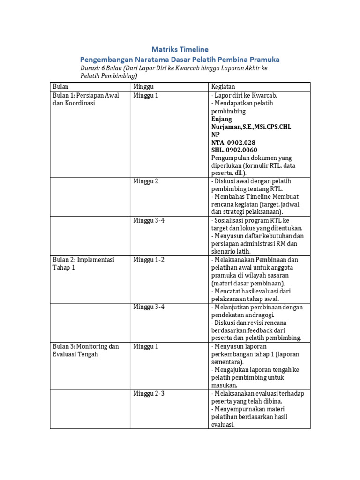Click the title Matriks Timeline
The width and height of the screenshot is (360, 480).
pyautogui.click(x=180, y=49)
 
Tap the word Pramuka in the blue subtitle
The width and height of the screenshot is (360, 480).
pyautogui.click(x=262, y=60)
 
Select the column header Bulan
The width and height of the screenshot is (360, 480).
pyautogui.click(x=61, y=87)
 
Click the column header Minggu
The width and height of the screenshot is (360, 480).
pyautogui.click(x=143, y=87)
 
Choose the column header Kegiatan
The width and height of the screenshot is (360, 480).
pyautogui.click(x=223, y=87)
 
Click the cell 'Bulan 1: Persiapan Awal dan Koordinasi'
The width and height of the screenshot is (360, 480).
pyautogui.click(x=86, y=99)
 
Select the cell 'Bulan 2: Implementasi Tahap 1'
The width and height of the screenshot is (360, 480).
pyautogui.click(x=83, y=263)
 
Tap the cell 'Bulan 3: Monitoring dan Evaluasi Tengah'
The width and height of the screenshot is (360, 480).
pyautogui.click(x=86, y=351)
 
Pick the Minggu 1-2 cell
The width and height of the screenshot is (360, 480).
pyautogui.click(x=149, y=260)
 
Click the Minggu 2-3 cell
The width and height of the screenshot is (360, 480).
pyautogui.click(x=149, y=394)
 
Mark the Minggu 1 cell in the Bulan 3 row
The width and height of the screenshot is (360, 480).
pyautogui.click(x=146, y=347)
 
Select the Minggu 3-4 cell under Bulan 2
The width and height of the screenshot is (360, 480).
pyautogui.click(x=149, y=307)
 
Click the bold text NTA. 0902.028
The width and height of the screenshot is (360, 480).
pyautogui.click(x=233, y=142)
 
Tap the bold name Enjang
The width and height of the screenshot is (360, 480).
pyautogui.click(x=222, y=119)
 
